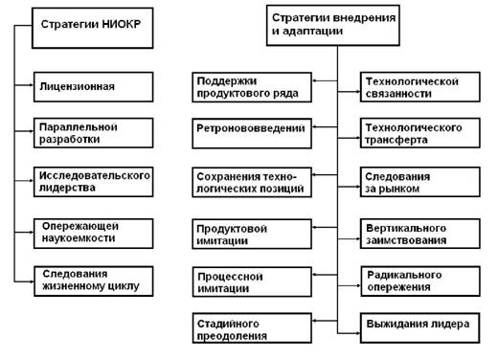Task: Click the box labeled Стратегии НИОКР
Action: click(x=93, y=28)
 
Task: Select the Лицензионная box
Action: click(x=93, y=87)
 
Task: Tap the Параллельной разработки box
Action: click(x=93, y=133)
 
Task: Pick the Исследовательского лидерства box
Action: click(x=93, y=182)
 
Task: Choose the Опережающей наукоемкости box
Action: click(x=93, y=234)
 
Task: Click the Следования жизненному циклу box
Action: click(x=93, y=281)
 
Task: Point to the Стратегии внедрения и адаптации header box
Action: click(x=333, y=25)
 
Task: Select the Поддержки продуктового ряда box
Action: click(x=252, y=87)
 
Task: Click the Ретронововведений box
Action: click(x=252, y=133)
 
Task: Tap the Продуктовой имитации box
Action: click(x=252, y=234)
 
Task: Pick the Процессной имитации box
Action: click(x=252, y=281)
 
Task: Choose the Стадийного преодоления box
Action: click(x=252, y=328)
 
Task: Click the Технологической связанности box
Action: click(x=420, y=87)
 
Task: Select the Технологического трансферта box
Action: click(x=420, y=133)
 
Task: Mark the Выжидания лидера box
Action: click(x=420, y=328)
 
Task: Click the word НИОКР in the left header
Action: click(x=122, y=24)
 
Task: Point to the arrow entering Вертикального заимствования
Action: click(x=349, y=238)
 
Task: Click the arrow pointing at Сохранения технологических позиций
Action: click(x=325, y=175)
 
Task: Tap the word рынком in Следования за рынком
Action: click(x=398, y=189)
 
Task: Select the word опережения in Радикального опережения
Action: click(x=398, y=287)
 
